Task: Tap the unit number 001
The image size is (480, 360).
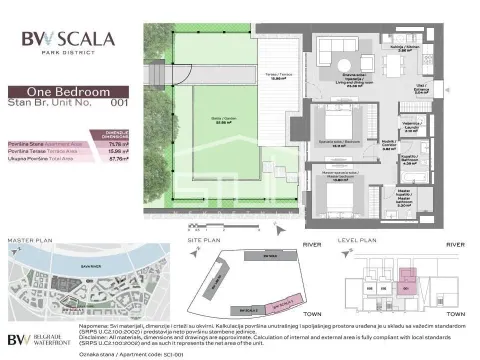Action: click(x=119, y=101)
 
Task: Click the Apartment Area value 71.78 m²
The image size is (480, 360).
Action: click(x=119, y=143)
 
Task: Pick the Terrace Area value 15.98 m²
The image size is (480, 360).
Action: click(x=119, y=151)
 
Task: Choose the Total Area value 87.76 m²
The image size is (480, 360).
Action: click(x=119, y=159)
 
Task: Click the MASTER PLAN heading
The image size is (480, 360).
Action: click(x=30, y=241)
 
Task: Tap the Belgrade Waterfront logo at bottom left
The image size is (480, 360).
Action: click(x=35, y=338)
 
